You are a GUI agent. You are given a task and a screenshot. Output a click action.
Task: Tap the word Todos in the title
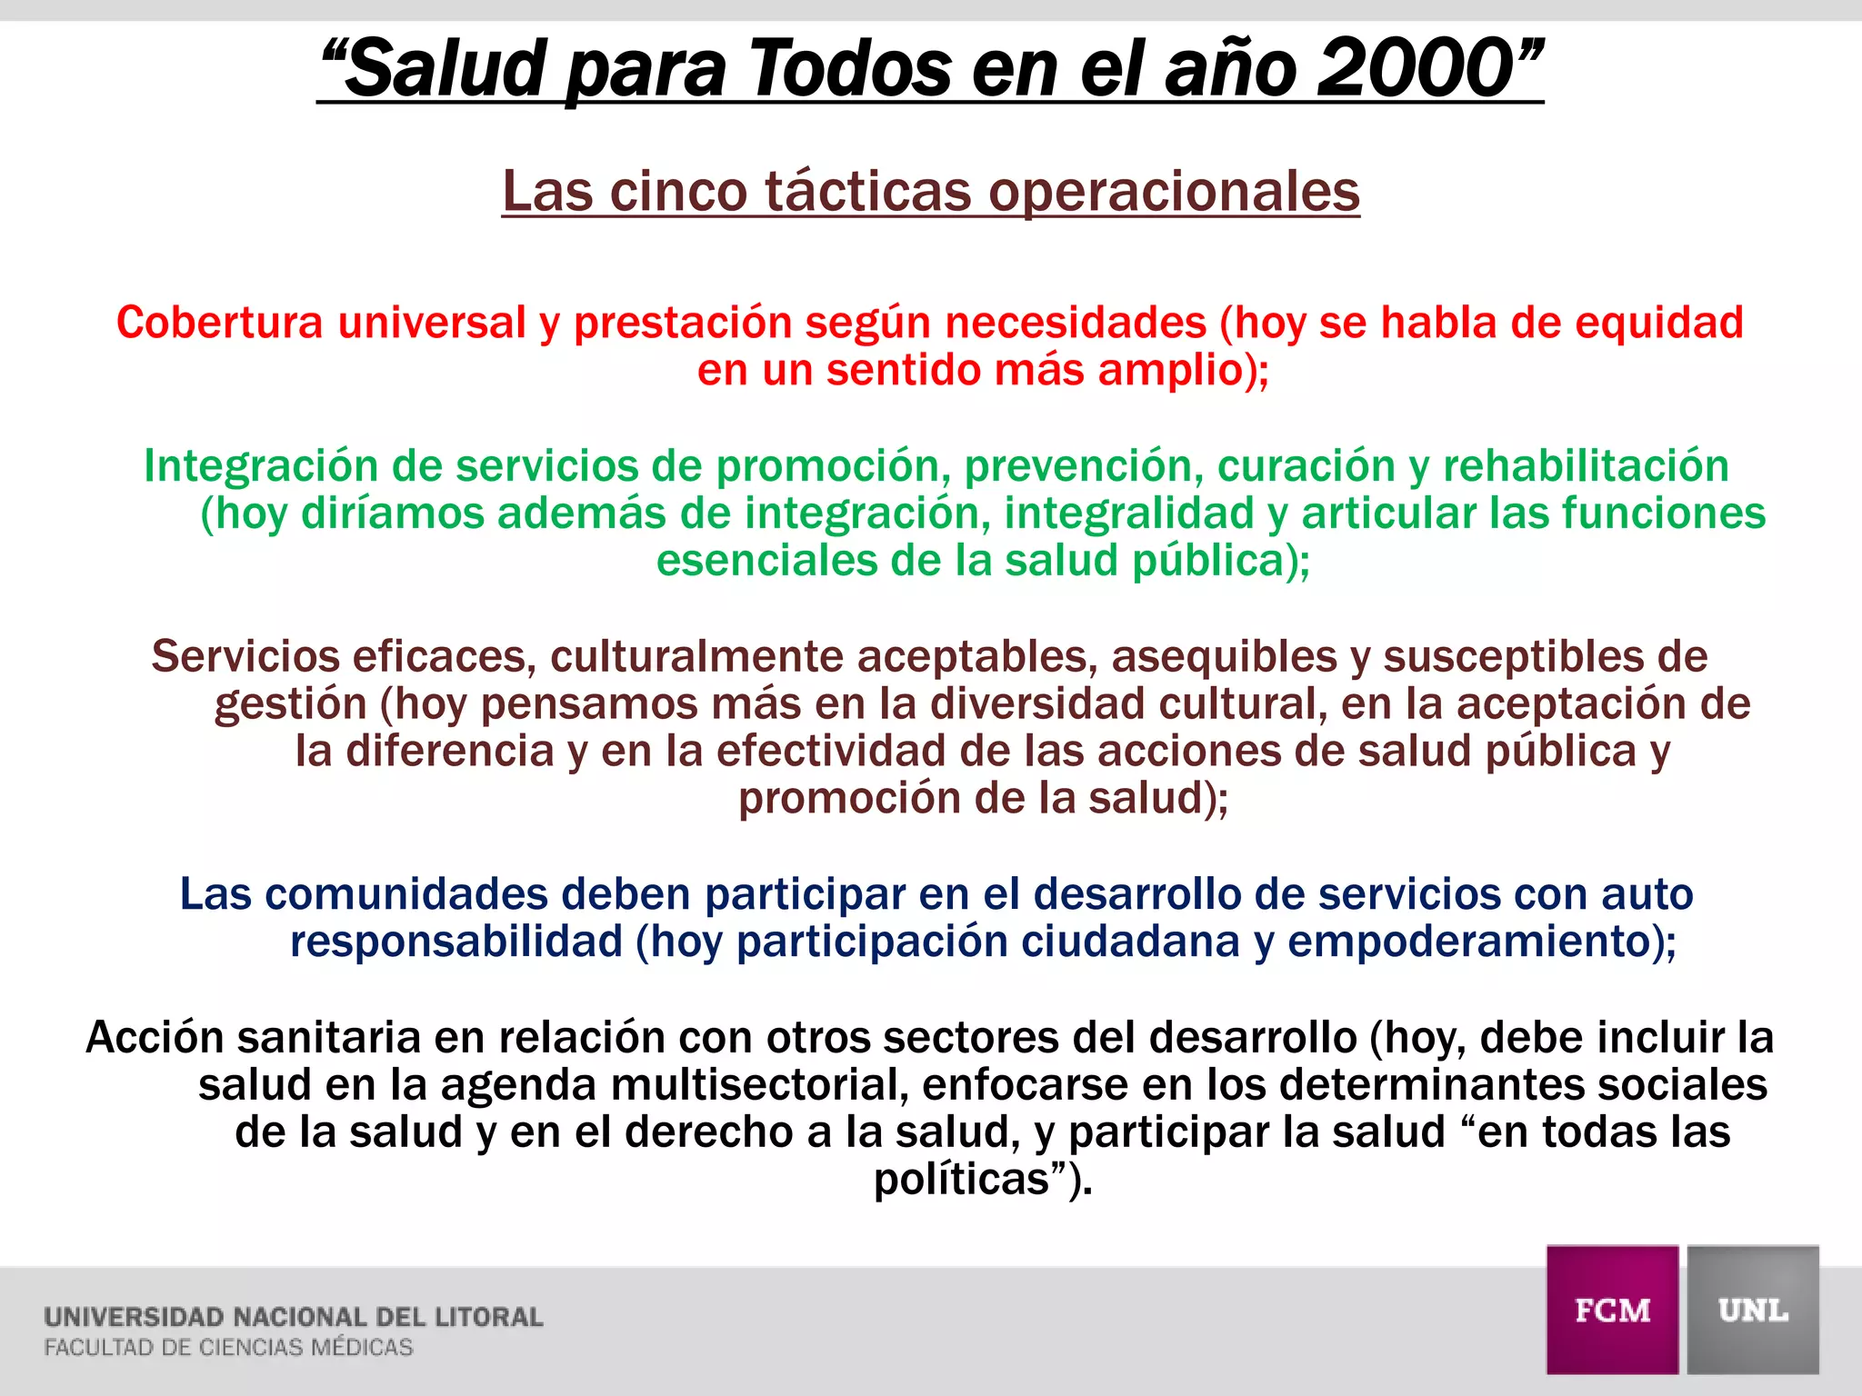pyautogui.click(x=849, y=69)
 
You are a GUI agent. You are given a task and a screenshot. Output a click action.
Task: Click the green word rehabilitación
pyautogui.click(x=1586, y=465)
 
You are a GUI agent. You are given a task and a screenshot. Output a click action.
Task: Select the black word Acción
pyautogui.click(x=155, y=1037)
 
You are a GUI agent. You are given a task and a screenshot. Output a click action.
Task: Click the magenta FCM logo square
pyautogui.click(x=1612, y=1310)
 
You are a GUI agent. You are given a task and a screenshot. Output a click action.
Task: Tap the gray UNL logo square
pyautogui.click(x=1753, y=1310)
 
